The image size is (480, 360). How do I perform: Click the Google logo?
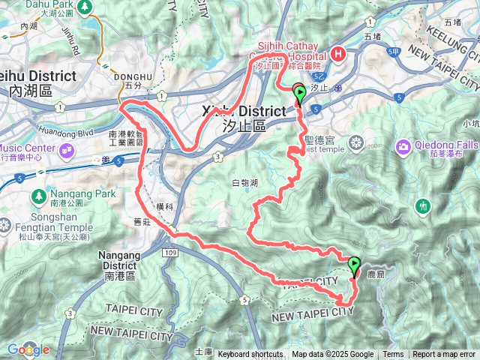pos(28,349)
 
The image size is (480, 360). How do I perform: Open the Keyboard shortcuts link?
pos(250,355)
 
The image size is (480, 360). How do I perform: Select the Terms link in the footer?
pos(393,355)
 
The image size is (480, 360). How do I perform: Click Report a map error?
pos(444,355)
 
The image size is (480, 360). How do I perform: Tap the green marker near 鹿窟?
pos(353,265)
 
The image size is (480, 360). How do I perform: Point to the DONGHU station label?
pos(129,76)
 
